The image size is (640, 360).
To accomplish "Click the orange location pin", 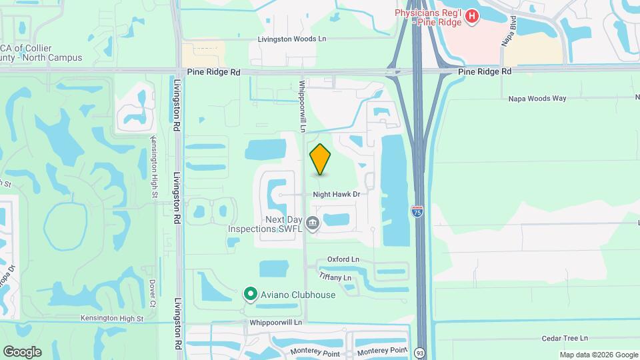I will coord(320,159).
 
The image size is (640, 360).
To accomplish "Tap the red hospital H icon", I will coord(472,15).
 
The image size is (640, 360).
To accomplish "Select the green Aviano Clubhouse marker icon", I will coord(251,293).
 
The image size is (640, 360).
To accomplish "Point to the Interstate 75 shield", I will coord(417,211).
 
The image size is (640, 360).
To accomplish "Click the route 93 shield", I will coord(419,352).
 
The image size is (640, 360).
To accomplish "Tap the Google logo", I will coord(22,351).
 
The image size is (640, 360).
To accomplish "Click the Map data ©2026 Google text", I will coord(598,355).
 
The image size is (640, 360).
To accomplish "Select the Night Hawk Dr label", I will coord(337,194).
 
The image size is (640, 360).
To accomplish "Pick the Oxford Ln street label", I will coord(343,259).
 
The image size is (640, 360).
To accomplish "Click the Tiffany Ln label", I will coord(335,277).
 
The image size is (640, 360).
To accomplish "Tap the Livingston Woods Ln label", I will coord(293,39).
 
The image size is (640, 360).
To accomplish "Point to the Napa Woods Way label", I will coord(537,98).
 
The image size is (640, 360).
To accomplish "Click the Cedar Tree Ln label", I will coord(565,339).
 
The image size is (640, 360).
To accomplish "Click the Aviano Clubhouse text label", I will coord(297,294).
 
